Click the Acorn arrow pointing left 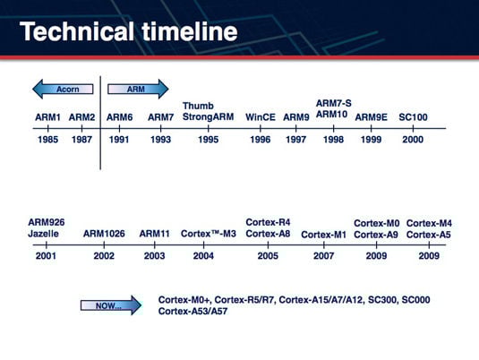[63, 89]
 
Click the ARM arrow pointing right [138, 89]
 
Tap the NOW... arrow [111, 305]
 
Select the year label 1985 [47, 140]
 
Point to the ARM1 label [47, 117]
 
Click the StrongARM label [208, 116]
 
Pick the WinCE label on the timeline [261, 117]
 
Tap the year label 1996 [261, 140]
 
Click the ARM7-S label [334, 103]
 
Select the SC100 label [413, 117]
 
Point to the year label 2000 [413, 140]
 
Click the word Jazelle [43, 234]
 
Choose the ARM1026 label [104, 234]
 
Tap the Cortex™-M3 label [209, 234]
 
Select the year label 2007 [324, 256]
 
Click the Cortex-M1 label [324, 235]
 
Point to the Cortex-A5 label [429, 235]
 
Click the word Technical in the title [77, 31]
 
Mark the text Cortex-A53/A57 [192, 312]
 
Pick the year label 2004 [203, 256]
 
